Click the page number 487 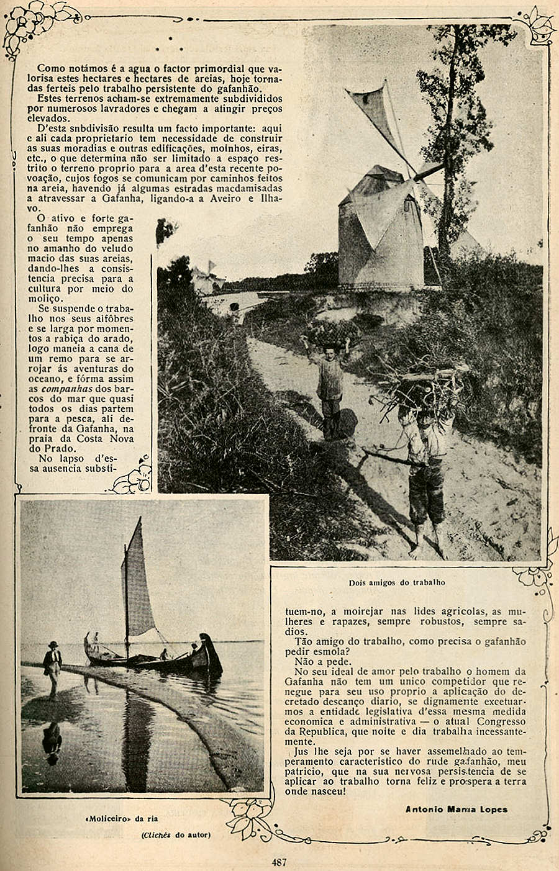click(278, 861)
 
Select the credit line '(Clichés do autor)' click(176, 834)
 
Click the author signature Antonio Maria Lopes click(456, 809)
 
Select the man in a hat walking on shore click(53, 667)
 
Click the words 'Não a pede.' click(315, 661)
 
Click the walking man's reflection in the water click(53, 739)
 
